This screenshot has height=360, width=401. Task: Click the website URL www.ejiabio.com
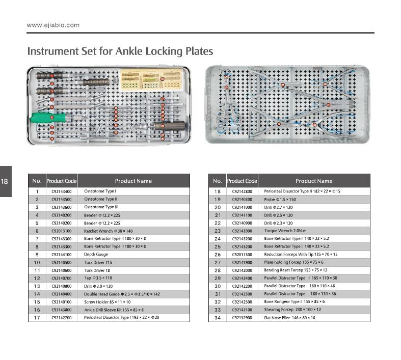pos(53,25)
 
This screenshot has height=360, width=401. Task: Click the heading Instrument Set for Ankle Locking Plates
pos(120,51)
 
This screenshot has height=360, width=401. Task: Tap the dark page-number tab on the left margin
pos(5,181)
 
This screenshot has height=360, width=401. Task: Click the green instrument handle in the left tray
pos(49,118)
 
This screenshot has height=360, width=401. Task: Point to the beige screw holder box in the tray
pos(143,79)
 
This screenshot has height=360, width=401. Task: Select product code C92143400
pos(61,191)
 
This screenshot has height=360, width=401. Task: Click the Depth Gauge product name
pos(96,255)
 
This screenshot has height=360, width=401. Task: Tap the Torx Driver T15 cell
pos(98,262)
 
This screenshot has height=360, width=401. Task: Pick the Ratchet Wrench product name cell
pos(108,231)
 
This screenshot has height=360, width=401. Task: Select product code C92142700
pos(61,318)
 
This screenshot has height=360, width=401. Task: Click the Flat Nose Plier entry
pos(289,318)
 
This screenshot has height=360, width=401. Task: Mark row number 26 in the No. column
pos(218,255)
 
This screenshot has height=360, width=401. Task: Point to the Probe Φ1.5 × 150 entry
pos(280,200)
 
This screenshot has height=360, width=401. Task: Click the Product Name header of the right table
pos(313,181)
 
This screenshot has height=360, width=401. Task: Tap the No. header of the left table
pos(37,181)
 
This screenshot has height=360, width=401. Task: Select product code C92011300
pos(242,255)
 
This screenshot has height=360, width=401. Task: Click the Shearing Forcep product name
pos(292,310)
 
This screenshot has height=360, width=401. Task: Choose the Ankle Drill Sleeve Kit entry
pos(114,310)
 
